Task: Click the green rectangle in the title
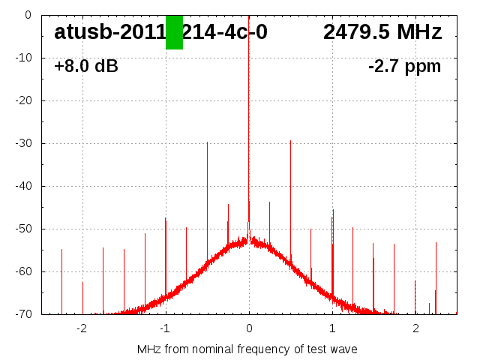(174, 32)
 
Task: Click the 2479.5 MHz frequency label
(382, 32)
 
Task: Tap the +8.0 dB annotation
(86, 67)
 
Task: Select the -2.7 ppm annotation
(404, 67)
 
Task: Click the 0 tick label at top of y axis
(27, 15)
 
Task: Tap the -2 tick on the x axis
(82, 328)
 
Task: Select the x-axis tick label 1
(332, 328)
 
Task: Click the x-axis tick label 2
(415, 328)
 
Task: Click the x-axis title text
(247, 349)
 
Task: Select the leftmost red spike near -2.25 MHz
(61, 277)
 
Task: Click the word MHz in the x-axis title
(148, 349)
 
